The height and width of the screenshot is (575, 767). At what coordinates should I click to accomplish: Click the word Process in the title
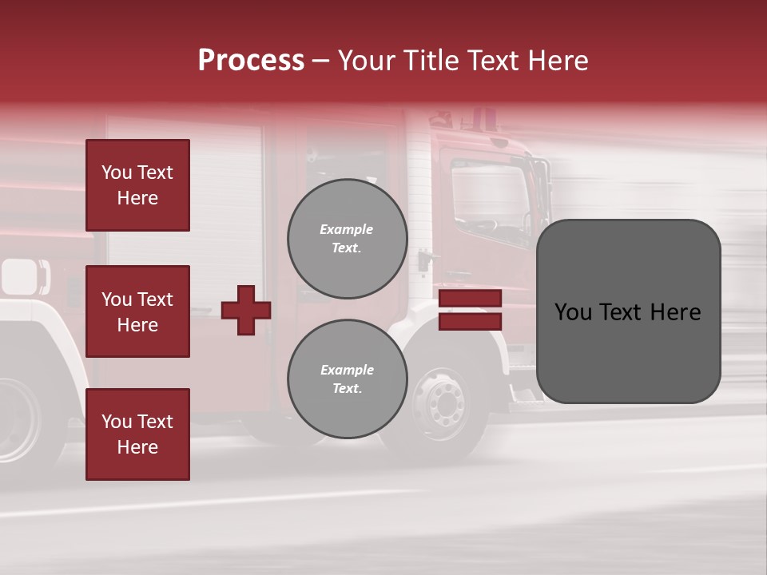coord(251,61)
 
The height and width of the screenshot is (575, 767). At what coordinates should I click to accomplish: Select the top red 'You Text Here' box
coord(137,185)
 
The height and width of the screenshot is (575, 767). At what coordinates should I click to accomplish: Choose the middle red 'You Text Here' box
coord(137,311)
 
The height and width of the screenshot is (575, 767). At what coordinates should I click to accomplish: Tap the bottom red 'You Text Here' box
coord(137,434)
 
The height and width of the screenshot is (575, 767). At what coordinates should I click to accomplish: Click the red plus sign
coord(245,310)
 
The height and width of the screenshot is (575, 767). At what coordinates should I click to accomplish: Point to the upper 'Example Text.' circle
coord(348,239)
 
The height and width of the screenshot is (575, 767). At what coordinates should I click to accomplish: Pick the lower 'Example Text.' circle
coord(348,379)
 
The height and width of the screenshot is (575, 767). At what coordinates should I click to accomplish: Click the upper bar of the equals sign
coord(470,299)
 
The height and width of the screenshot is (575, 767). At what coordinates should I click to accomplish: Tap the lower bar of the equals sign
coord(470,321)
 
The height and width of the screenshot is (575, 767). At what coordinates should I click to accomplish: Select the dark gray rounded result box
coord(628,311)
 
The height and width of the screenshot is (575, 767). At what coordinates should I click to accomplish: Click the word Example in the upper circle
coord(347,230)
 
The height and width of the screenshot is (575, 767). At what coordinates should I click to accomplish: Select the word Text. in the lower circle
coord(348,389)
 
